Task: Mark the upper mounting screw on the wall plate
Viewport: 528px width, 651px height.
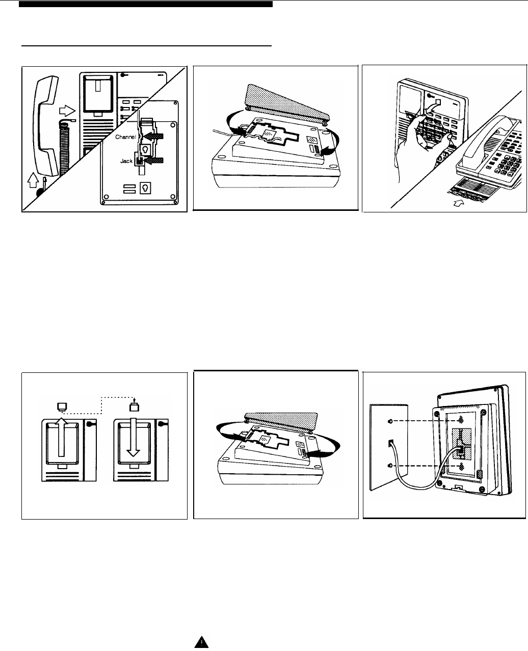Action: coord(390,421)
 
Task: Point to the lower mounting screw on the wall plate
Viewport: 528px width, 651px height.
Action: coord(390,466)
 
